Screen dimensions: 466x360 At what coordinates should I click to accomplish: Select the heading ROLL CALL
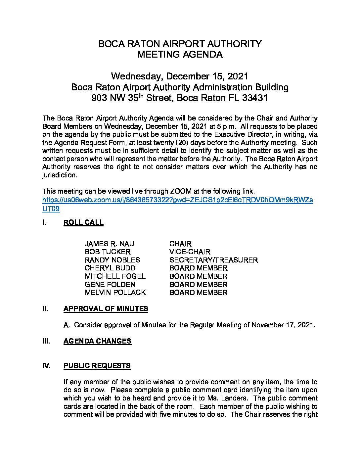pyautogui.click(x=83, y=222)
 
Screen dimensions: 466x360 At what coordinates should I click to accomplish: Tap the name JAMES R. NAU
pyautogui.click(x=109, y=244)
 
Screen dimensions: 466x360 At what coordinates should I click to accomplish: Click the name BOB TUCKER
pyautogui.click(x=108, y=252)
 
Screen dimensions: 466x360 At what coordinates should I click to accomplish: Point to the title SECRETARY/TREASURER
pyautogui.click(x=213, y=260)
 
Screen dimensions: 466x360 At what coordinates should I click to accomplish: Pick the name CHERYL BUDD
pyautogui.click(x=110, y=268)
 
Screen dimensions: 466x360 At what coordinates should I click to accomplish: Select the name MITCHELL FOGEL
pyautogui.click(x=115, y=276)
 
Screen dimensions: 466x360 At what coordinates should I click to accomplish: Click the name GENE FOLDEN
pyautogui.click(x=110, y=285)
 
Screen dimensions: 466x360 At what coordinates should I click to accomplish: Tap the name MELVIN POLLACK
pyautogui.click(x=115, y=293)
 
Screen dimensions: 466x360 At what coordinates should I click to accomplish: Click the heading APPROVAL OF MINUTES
pyautogui.click(x=106, y=309)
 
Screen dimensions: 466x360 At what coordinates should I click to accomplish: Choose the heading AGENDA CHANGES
pyautogui.click(x=97, y=341)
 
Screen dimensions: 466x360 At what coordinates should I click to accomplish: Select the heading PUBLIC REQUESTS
pyautogui.click(x=97, y=366)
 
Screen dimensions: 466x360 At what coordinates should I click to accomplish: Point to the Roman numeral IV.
pyautogui.click(x=46, y=366)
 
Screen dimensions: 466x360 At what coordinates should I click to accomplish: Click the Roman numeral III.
pyautogui.click(x=46, y=341)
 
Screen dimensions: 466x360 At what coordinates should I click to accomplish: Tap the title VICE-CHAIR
pyautogui.click(x=190, y=252)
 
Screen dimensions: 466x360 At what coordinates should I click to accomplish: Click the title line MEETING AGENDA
pyautogui.click(x=180, y=55)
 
